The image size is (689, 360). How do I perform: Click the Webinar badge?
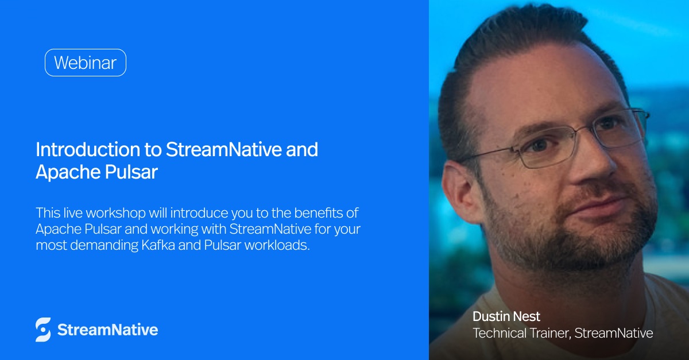click(x=85, y=63)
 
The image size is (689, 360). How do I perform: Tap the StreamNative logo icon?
click(x=43, y=330)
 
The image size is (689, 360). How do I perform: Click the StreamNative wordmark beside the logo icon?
click(x=107, y=330)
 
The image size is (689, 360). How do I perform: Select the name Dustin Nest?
click(x=506, y=316)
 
